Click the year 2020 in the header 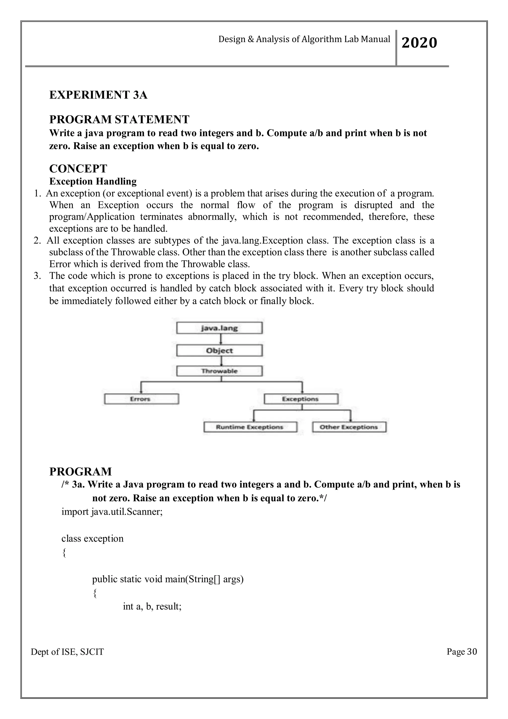coord(419,43)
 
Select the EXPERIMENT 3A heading coord(98,95)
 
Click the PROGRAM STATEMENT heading coord(119,119)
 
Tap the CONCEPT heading coord(78,169)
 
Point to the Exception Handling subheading coord(93,181)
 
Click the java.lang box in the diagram coord(219,328)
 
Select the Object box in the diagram coord(219,350)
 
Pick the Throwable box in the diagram coord(219,371)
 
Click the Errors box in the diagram coord(141,399)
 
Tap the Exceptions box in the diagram coord(301,399)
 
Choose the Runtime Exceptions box coord(250,427)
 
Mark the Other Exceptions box coord(349,427)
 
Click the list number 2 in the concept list coord(37,241)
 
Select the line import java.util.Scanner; coord(112,512)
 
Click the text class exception coord(92,539)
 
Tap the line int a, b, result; coord(152,607)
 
